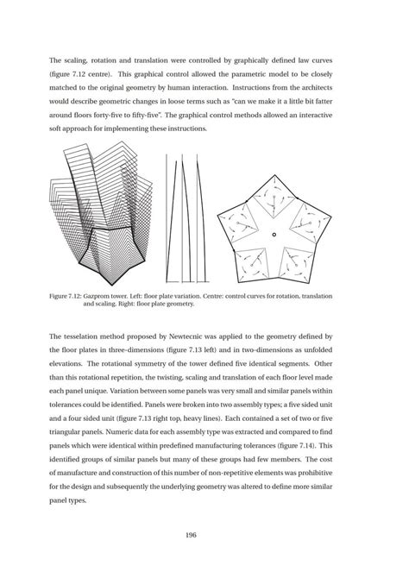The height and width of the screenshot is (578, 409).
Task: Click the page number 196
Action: pos(204,535)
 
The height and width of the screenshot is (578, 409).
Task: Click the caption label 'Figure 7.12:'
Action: pos(71,296)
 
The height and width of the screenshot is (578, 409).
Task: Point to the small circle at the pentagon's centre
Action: pos(274,234)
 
